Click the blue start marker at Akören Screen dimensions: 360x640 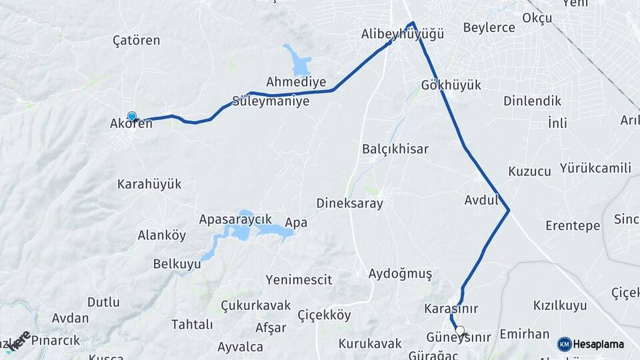[x=132, y=116]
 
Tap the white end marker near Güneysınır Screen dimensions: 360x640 [x=459, y=330]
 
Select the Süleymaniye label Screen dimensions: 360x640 [x=270, y=102]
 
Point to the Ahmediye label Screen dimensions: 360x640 [x=296, y=82]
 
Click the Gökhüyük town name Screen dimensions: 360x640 [x=451, y=85]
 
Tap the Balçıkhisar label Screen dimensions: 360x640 [x=395, y=149]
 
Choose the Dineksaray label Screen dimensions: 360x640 [x=349, y=203]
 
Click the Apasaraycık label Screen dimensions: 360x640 [x=235, y=219]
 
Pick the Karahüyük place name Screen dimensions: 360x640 [x=149, y=184]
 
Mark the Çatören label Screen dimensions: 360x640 [x=137, y=41]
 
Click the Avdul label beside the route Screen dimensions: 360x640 [x=481, y=199]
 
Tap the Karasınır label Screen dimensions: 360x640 [x=451, y=309]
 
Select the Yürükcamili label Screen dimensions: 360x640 [x=595, y=167]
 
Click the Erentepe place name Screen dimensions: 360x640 [x=573, y=225]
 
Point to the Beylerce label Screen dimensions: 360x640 [x=489, y=27]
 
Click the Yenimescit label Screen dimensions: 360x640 [x=298, y=280]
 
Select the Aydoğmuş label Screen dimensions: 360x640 [x=400, y=274]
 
